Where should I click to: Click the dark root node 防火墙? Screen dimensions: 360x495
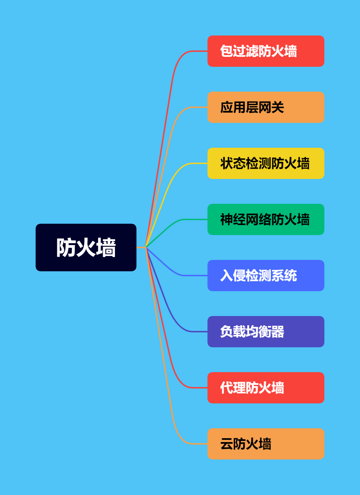click(86, 247)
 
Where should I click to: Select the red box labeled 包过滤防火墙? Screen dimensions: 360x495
click(266, 51)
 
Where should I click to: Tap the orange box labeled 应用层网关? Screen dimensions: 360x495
click(266, 107)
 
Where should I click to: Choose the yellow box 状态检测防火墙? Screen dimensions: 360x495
click(266, 163)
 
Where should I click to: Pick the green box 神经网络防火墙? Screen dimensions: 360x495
click(266, 219)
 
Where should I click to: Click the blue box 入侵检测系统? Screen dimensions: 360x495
click(266, 276)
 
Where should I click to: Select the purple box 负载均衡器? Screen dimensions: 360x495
click(266, 332)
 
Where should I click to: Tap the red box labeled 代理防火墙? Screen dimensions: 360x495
click(266, 388)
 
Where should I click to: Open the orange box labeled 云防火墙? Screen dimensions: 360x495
click(266, 444)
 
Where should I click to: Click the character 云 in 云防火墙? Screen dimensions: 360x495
click(227, 444)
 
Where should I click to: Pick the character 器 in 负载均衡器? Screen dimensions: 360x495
click(278, 332)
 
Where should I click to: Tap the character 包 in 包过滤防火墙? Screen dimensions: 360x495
click(227, 51)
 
